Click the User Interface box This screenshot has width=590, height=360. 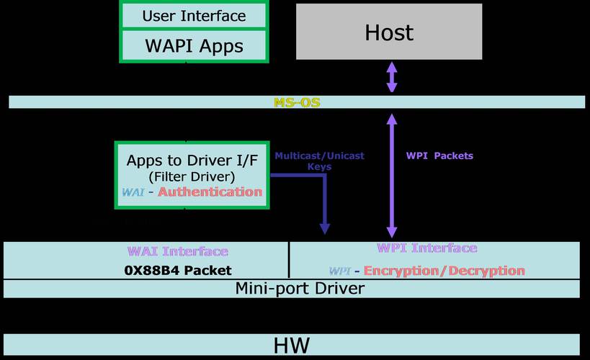[x=194, y=15]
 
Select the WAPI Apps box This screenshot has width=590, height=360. [x=194, y=46]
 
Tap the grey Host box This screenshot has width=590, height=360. [x=389, y=32]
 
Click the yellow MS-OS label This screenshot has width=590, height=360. [x=297, y=103]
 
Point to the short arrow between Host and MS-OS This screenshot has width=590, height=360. [x=391, y=77]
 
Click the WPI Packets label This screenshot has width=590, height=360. [x=439, y=156]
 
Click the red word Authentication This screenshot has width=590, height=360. [x=210, y=192]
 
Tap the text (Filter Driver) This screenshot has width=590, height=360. [x=192, y=176]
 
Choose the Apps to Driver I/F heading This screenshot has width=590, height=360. [x=192, y=160]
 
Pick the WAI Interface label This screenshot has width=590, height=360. [x=178, y=251]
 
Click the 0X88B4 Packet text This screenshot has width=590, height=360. [x=178, y=271]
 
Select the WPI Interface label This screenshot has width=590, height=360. [x=426, y=248]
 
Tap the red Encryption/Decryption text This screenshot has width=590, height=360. [x=444, y=271]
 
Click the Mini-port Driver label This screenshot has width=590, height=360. [x=300, y=289]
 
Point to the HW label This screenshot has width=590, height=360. [x=292, y=345]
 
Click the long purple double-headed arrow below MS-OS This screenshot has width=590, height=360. [x=392, y=176]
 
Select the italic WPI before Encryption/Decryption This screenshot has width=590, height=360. [x=339, y=271]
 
